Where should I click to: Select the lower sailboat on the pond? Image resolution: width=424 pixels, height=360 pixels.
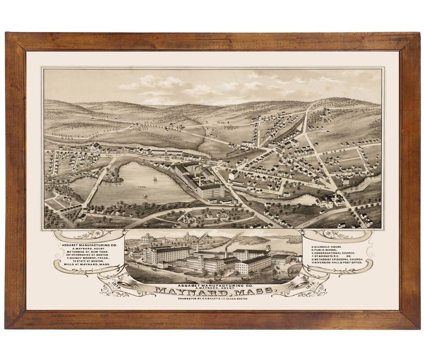[x=144, y=195]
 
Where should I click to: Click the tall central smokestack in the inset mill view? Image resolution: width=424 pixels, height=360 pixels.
[x=226, y=251]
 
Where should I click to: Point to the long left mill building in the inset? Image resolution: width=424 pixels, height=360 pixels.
[x=167, y=255]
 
